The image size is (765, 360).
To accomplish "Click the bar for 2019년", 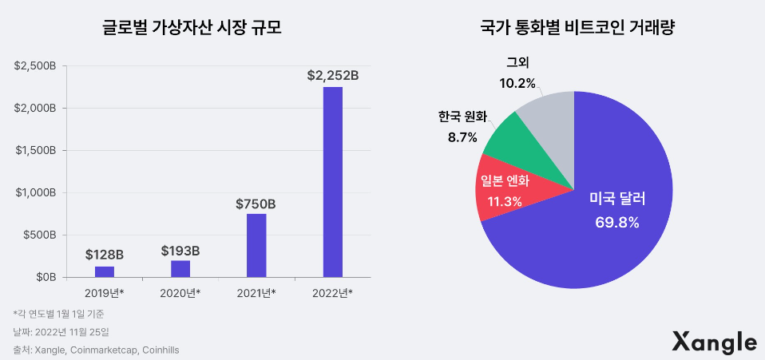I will coord(105,271).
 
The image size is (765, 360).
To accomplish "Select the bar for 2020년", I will coord(180,269).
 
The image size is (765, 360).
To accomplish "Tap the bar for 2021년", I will coord(256,246).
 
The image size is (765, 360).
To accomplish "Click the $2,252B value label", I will coord(332,76).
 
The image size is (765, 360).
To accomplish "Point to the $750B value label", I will coord(256,204).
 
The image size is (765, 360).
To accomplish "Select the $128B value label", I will coord(105,255).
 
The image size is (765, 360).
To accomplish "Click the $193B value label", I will coord(180,251).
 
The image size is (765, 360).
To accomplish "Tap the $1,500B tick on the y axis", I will coord(34,150).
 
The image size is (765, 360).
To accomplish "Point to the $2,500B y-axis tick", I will coord(34,65).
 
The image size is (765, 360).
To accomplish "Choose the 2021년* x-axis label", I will coord(256,293).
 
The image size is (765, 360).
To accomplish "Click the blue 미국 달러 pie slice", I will coord(591,231).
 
